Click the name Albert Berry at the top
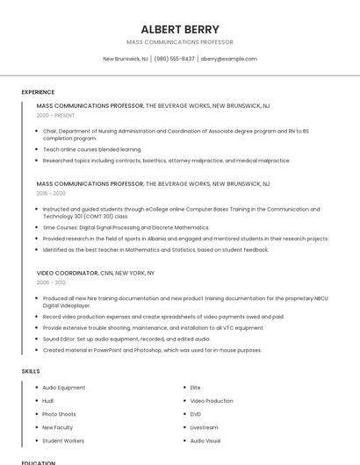[x=180, y=29]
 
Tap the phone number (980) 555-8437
[x=175, y=59]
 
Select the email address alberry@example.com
[x=228, y=59]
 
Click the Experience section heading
[x=38, y=91]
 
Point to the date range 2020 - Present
[x=55, y=115]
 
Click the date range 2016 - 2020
[x=51, y=193]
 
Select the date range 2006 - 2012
[x=51, y=283]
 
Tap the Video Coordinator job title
[x=67, y=273]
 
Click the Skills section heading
[x=31, y=371]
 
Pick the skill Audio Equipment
[x=64, y=388]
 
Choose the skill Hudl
[x=48, y=401]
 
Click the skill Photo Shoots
[x=59, y=414]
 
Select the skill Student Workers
[x=63, y=440]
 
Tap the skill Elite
[x=195, y=388]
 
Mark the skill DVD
[x=196, y=414]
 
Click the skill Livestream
[x=204, y=427]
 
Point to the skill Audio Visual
[x=205, y=440]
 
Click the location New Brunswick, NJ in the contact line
[x=126, y=59]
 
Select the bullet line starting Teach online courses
[x=91, y=149]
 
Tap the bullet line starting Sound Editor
[x=126, y=339]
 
